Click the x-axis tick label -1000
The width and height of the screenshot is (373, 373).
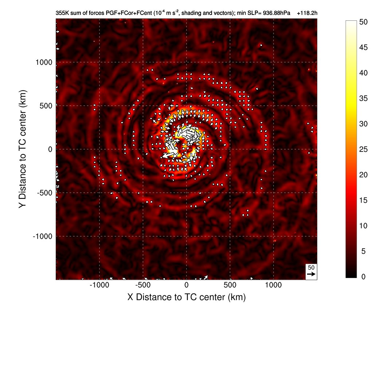[x=99, y=285]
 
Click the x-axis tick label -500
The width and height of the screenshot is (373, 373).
[x=143, y=285]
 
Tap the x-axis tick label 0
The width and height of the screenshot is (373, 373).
[x=186, y=285]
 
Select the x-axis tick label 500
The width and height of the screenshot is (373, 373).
[x=230, y=285]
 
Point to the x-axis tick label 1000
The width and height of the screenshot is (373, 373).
[x=274, y=285]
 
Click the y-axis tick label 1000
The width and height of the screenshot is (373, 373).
[x=44, y=62]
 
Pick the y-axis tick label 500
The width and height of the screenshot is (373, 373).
[x=46, y=106]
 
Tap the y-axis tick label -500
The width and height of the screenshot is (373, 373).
[x=44, y=193]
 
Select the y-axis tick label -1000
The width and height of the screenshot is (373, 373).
[x=43, y=236]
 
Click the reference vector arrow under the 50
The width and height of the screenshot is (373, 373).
[x=311, y=274]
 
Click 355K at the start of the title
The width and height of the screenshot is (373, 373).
[x=62, y=13]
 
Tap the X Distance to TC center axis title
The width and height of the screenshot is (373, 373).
[x=186, y=297]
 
